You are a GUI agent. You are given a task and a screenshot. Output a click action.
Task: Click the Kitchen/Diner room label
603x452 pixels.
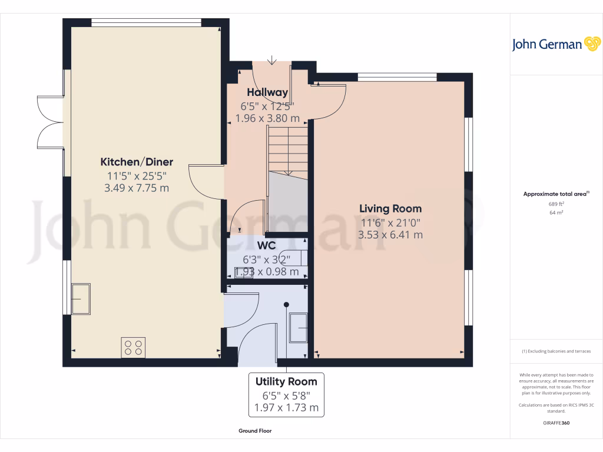137,162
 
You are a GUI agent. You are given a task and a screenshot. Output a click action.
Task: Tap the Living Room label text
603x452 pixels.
391,209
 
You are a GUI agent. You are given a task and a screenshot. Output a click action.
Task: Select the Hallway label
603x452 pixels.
267,92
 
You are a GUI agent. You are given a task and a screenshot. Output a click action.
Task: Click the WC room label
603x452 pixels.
267,246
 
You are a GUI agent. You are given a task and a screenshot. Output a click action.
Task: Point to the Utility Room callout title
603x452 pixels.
286,381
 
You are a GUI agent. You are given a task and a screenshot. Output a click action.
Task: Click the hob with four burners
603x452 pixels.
133,347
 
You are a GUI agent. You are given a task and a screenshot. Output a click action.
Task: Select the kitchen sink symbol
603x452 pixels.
80,298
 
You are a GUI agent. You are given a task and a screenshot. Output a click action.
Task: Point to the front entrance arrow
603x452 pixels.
271,60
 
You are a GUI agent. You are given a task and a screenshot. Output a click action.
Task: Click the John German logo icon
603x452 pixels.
591,44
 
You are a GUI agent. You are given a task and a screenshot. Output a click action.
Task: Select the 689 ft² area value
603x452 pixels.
556,204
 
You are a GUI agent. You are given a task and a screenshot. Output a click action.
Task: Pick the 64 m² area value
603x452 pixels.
556,212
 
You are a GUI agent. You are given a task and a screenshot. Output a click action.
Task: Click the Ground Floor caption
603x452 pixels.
255,431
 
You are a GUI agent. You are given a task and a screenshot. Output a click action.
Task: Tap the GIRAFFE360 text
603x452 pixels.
556,423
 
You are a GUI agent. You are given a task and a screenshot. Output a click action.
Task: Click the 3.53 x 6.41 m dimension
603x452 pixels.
391,235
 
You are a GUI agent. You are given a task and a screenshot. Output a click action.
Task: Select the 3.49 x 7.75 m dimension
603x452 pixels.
137,188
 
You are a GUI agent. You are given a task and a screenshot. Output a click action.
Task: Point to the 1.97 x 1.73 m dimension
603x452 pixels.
286,407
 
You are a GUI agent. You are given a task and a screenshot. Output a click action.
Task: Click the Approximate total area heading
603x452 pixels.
555,194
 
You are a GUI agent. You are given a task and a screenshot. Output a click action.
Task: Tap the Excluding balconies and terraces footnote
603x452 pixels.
556,351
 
